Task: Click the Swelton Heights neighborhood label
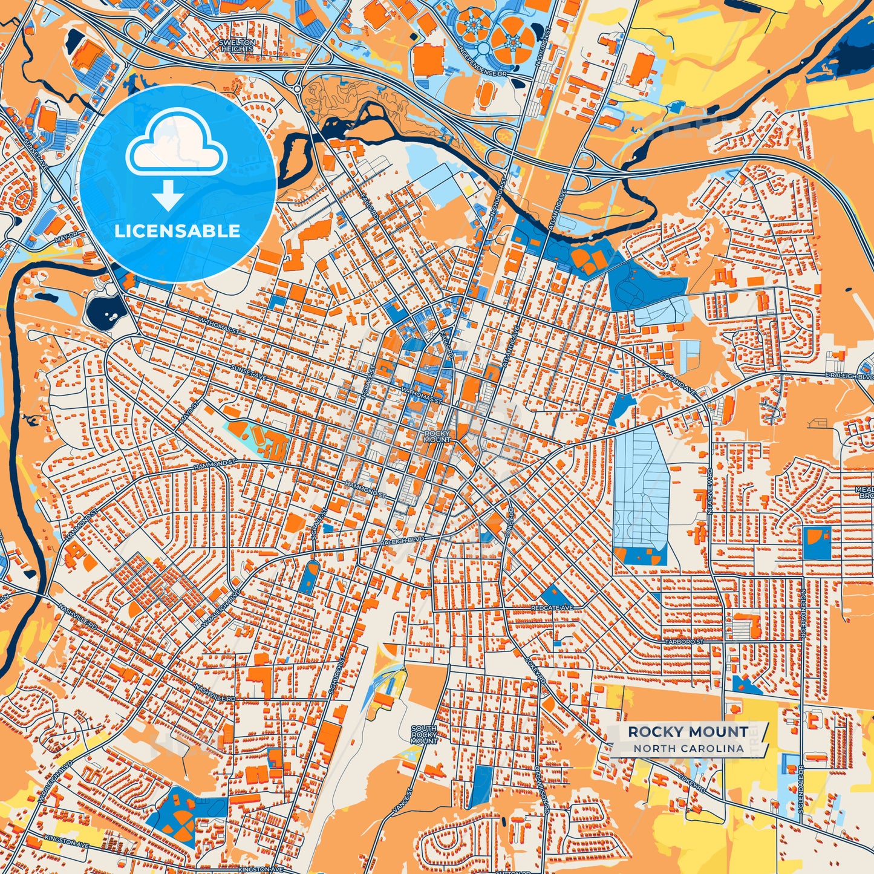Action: coord(237,46)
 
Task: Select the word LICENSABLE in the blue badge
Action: coord(177,231)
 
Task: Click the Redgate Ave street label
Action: coord(551,607)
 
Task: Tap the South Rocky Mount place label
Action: coord(424,735)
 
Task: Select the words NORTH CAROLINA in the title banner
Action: coord(688,748)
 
